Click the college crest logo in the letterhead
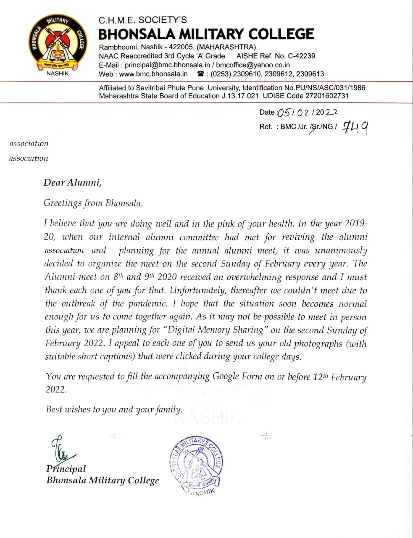pyautogui.click(x=57, y=44)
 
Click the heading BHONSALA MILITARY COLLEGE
pyautogui.click(x=206, y=34)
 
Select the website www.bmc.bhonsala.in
pyautogui.click(x=153, y=74)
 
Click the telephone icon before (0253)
pyautogui.click(x=201, y=74)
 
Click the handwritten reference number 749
pyautogui.click(x=355, y=127)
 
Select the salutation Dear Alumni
pyautogui.click(x=72, y=182)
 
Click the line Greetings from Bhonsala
pyautogui.click(x=93, y=203)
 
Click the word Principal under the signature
pyautogui.click(x=66, y=469)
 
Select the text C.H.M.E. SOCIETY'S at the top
pyautogui.click(x=142, y=20)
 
